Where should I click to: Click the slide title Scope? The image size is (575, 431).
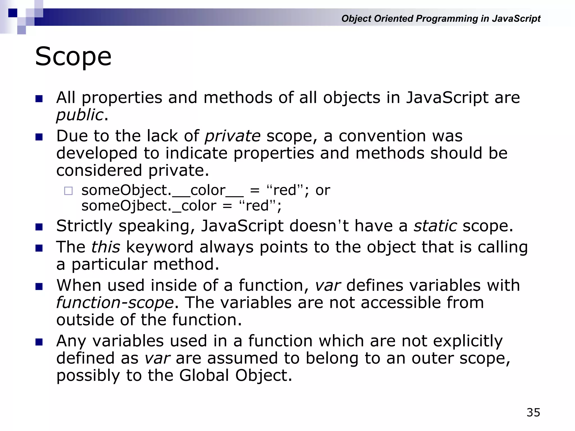point(73,57)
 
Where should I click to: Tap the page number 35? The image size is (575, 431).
point(533,412)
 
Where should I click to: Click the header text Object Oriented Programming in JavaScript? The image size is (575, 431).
point(441,19)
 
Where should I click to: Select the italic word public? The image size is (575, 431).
point(80,115)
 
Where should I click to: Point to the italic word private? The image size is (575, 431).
point(232,136)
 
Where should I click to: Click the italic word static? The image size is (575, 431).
point(435,226)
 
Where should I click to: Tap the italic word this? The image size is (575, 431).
point(106,247)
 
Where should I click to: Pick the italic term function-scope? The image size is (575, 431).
point(115,303)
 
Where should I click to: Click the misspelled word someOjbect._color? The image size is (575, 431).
point(149,206)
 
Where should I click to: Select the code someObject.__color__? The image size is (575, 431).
point(163,190)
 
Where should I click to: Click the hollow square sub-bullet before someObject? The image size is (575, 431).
point(68,191)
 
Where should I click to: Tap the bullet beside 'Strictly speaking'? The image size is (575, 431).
point(39,226)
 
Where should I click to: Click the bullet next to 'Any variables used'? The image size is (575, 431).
point(39,342)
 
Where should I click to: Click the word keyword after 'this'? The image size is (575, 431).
point(159,247)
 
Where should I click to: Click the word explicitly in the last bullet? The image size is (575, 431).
point(468,341)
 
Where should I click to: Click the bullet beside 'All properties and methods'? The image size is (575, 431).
point(39,98)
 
